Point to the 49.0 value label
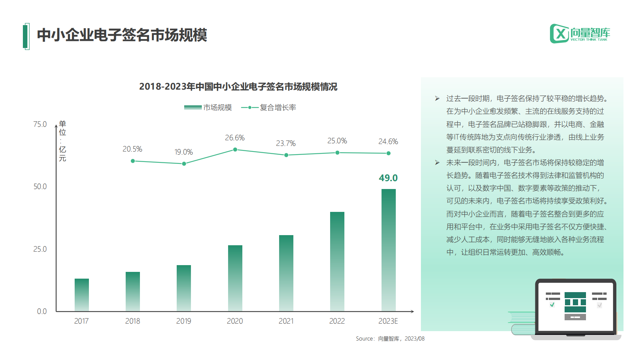pos(388,178)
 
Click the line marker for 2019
pos(184,164)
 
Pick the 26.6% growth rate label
pos(235,138)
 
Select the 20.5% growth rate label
pos(132,149)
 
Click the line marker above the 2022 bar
pos(337,153)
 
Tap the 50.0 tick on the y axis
pos(40,187)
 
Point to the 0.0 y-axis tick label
pos(42,311)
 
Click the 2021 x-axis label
pos(286,321)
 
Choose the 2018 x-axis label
pos(132,321)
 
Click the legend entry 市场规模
pos(208,108)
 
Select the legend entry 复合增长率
pos(269,108)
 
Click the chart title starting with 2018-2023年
pos(238,87)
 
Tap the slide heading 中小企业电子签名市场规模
pos(122,35)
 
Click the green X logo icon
pos(559,34)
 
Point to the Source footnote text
pos(390,339)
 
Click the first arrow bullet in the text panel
pos(437,99)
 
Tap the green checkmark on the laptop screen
pos(552,305)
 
